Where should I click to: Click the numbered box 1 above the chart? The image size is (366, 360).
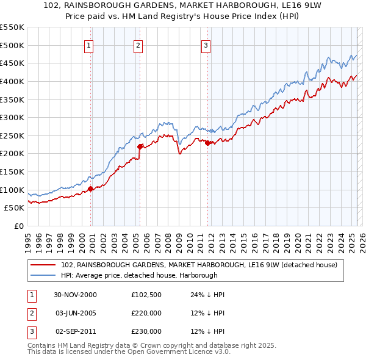[x=89, y=45]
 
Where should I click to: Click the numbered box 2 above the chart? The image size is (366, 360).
[x=138, y=45]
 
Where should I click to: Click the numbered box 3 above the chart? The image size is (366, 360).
[x=206, y=45]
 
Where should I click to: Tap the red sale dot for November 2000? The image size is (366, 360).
[x=91, y=189]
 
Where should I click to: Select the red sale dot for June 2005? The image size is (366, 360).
[x=140, y=146]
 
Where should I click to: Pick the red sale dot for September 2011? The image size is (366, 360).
[x=207, y=143]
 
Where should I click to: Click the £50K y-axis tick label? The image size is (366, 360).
[x=15, y=207]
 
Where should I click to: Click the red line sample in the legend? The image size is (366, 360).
[x=43, y=265]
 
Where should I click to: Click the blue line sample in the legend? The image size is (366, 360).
[x=43, y=275]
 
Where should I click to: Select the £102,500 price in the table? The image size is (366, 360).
[x=146, y=295]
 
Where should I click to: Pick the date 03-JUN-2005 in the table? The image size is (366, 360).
[x=76, y=313]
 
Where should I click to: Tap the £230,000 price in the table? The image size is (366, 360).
[x=146, y=331]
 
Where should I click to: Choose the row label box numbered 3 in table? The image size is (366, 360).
[x=32, y=331]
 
